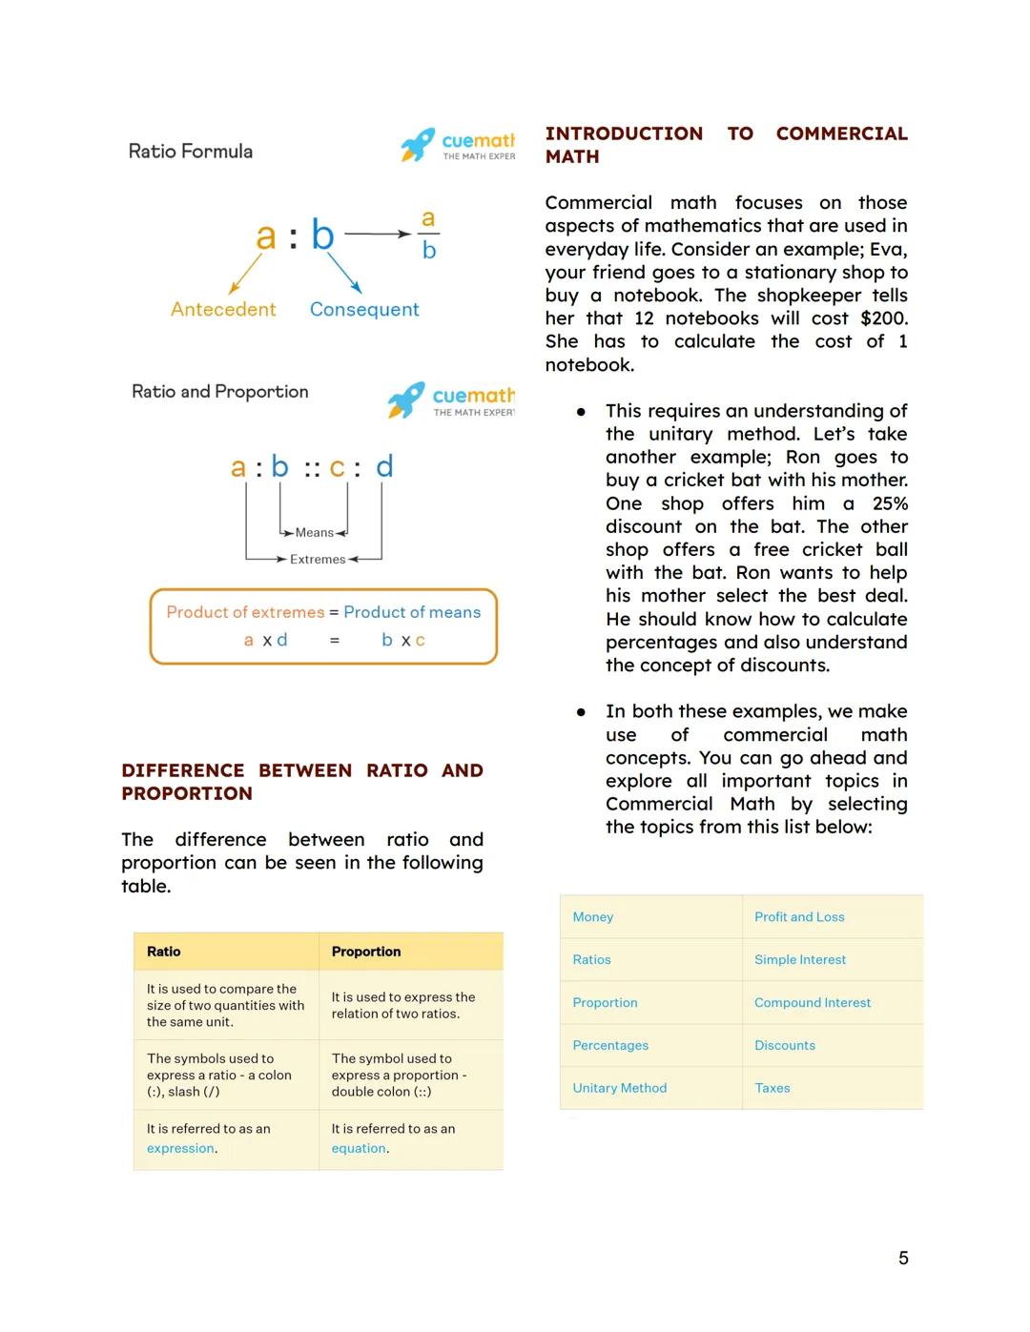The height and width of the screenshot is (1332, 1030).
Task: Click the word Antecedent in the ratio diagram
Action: click(223, 310)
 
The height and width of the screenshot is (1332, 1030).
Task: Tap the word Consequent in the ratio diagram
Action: click(364, 310)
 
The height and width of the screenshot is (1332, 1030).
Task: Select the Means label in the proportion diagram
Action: click(314, 533)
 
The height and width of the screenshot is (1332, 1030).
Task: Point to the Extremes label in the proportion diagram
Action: click(318, 560)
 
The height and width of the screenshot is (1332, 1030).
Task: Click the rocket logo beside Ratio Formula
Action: click(417, 144)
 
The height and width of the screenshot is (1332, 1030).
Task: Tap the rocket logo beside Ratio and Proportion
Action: click(405, 400)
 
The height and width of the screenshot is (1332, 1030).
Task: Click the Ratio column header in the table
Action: click(164, 952)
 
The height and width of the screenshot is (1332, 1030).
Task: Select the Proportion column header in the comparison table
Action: click(366, 952)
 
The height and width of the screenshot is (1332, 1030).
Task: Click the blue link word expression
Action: click(180, 1149)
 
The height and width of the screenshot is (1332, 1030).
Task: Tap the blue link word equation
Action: click(359, 1149)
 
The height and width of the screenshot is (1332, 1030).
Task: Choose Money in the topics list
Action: click(592, 917)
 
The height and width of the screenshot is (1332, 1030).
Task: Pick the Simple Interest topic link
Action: click(800, 960)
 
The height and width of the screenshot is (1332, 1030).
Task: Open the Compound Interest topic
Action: click(813, 1003)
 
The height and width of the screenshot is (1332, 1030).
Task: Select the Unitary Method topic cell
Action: click(619, 1088)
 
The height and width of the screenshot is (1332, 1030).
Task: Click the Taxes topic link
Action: click(772, 1088)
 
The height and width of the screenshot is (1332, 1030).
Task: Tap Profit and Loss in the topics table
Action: click(799, 917)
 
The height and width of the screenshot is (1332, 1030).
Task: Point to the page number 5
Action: click(903, 1259)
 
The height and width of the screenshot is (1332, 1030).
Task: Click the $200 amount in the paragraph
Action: click(883, 318)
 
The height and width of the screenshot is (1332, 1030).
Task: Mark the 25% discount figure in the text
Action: click(889, 503)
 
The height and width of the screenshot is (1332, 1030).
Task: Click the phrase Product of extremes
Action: click(245, 612)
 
